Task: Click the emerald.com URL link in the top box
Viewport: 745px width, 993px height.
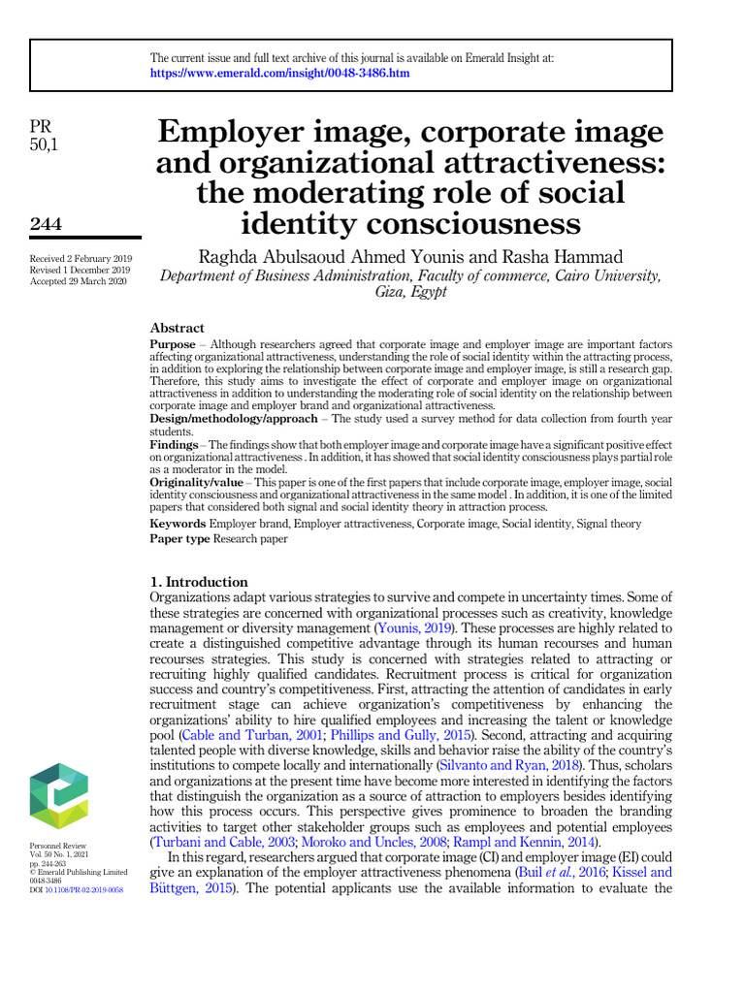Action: [280, 73]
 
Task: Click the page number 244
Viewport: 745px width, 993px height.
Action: [46, 224]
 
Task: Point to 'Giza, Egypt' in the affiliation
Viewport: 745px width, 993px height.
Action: [410, 292]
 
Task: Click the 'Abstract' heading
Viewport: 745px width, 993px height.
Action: [177, 328]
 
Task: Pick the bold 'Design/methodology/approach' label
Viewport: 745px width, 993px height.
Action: [233, 417]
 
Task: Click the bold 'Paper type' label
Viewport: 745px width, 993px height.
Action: [179, 539]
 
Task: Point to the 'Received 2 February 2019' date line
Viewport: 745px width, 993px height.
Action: [81, 258]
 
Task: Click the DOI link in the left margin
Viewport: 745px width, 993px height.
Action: [85, 889]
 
